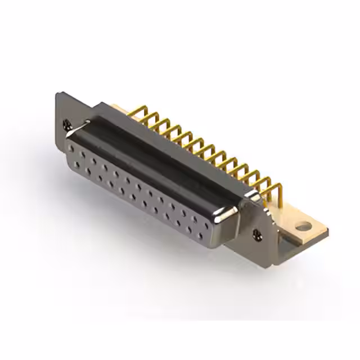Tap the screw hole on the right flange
coord(258,233)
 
